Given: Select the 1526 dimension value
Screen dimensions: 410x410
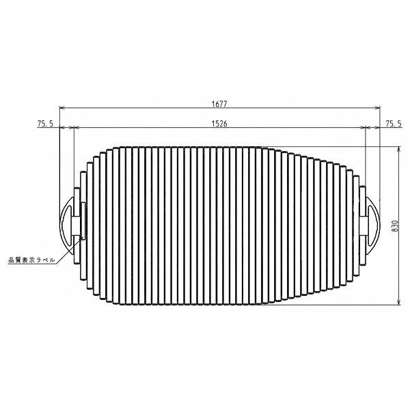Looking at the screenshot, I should (x=219, y=123).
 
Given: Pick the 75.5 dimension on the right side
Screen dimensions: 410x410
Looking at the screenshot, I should (x=394, y=123).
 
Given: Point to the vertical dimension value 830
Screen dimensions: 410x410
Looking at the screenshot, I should (x=394, y=226).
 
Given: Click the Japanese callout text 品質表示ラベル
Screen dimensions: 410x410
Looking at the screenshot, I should (x=31, y=260).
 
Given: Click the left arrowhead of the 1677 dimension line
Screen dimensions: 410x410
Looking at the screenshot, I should (x=63, y=109).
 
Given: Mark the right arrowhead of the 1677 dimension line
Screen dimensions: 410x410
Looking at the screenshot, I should (x=377, y=109).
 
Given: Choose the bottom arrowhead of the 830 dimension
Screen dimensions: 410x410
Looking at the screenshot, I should (x=398, y=302).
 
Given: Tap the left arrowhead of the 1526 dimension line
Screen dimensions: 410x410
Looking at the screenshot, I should (x=74, y=128).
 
